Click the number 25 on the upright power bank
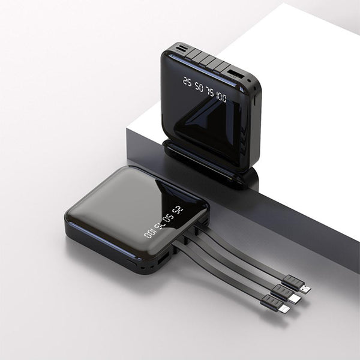(x=187, y=82)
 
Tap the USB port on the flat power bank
(x=162, y=260)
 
